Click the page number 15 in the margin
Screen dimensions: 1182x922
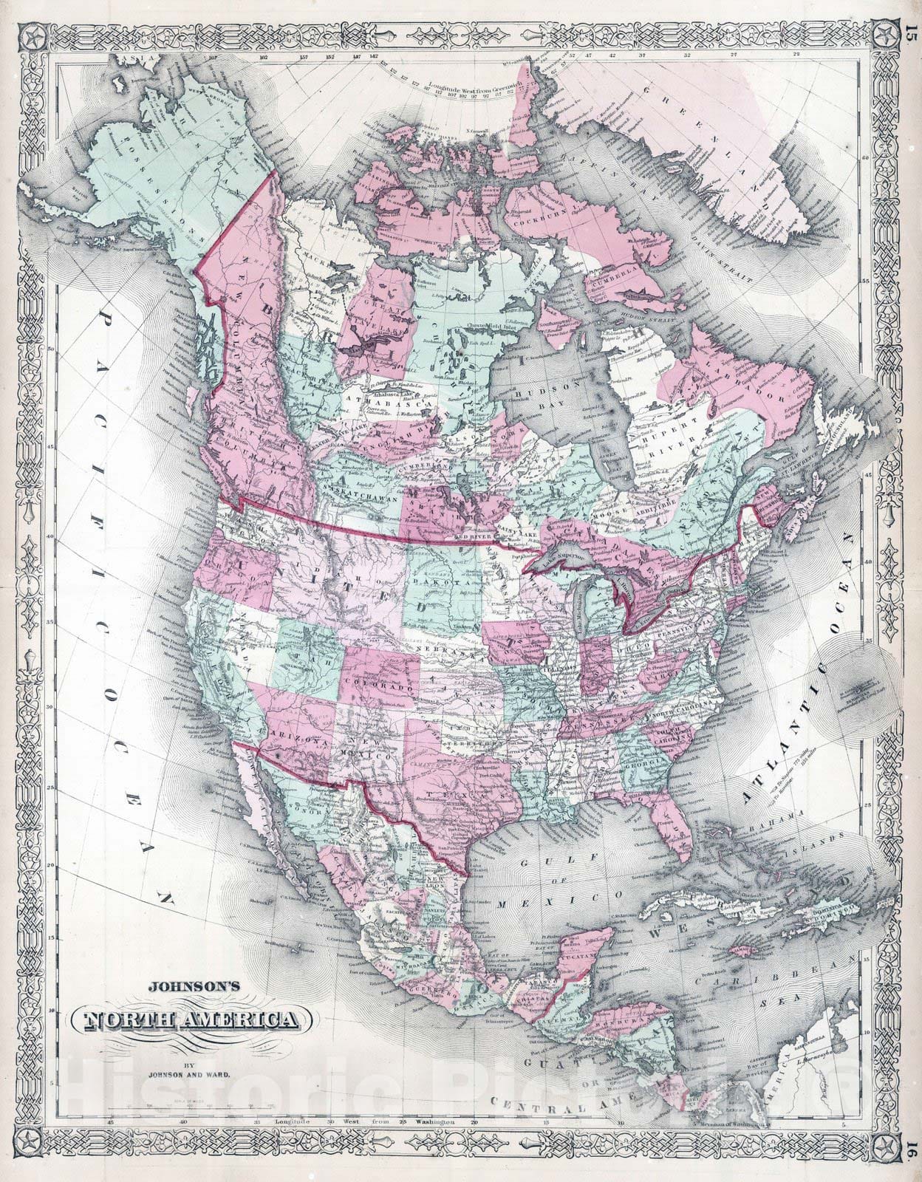tap(909, 16)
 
